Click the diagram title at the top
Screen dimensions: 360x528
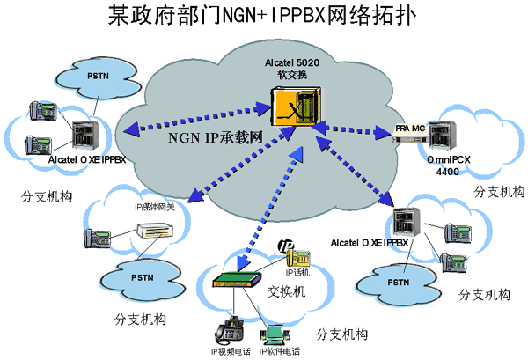pyautogui.click(x=263, y=17)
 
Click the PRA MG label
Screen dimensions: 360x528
pyautogui.click(x=410, y=128)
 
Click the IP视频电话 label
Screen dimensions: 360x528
pyautogui.click(x=231, y=351)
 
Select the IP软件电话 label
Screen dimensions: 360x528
pyautogui.click(x=279, y=351)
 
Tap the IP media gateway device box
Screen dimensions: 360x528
pyautogui.click(x=158, y=230)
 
